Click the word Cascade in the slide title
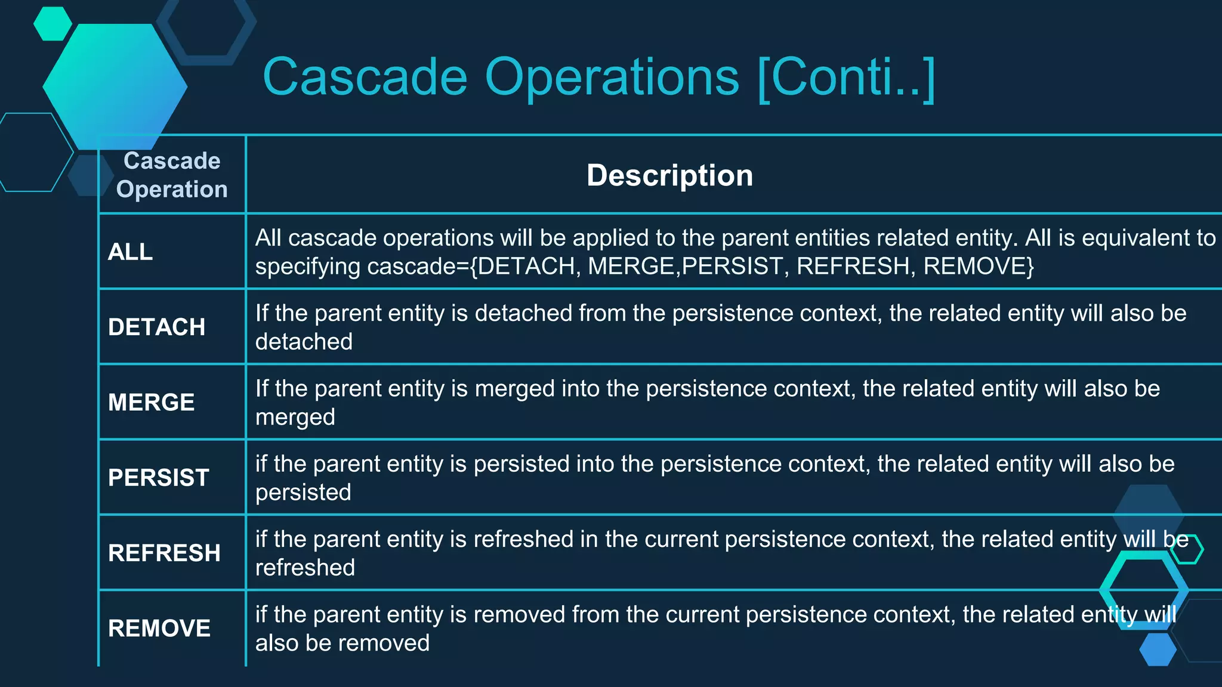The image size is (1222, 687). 365,77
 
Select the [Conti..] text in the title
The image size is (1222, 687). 846,78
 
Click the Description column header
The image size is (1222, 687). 669,175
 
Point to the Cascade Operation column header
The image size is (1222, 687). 172,175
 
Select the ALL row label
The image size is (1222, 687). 130,252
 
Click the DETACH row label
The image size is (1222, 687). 156,327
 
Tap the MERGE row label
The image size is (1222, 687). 151,403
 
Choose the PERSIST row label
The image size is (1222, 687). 158,478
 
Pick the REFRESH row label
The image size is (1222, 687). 164,553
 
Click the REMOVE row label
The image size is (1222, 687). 159,628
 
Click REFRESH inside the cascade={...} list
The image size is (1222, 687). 853,266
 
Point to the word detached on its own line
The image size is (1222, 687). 304,342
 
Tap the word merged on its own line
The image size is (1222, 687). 295,417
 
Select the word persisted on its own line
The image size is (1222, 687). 303,493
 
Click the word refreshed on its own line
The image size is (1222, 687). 305,568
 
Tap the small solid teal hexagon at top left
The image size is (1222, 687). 53,24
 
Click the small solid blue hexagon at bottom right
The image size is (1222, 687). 1158,649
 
